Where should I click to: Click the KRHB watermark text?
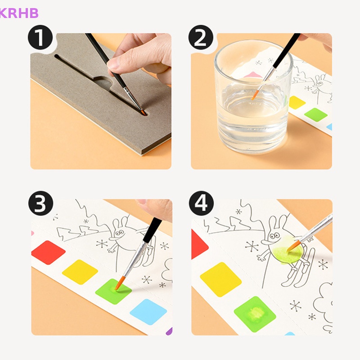19,13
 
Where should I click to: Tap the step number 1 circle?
40,37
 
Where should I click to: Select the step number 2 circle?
201,37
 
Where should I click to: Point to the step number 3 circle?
40,203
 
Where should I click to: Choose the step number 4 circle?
201,203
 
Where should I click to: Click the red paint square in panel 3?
49,252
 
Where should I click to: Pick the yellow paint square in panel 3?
80,272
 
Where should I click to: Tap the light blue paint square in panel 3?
148,312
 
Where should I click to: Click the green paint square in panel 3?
113,291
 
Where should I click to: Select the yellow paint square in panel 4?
220,279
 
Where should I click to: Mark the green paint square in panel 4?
255,314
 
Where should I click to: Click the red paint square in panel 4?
199,244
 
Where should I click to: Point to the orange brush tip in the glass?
255,95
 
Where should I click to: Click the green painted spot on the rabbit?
286,250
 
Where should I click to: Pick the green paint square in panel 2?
316,115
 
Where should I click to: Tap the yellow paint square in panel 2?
297,103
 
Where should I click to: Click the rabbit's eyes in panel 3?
119,233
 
